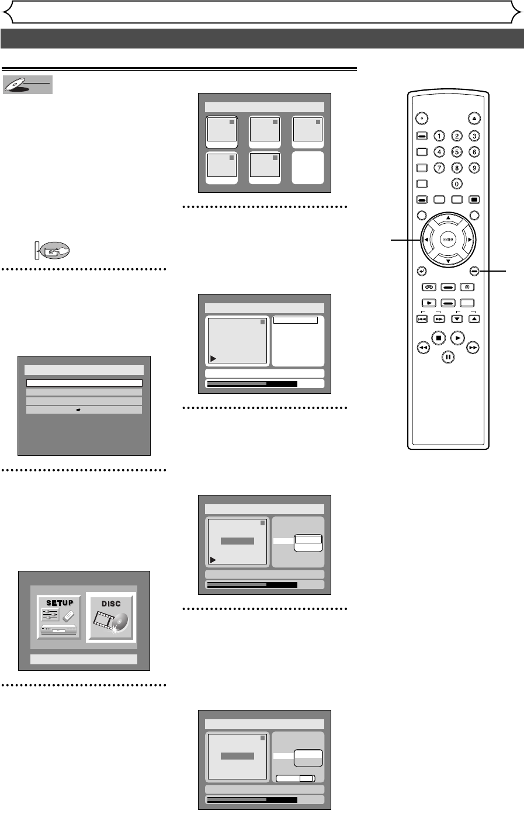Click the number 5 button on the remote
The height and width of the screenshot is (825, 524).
click(457, 152)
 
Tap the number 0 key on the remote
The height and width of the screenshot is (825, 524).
click(457, 183)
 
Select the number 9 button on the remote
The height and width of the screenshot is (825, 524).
click(474, 168)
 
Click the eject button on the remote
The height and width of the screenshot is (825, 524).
click(474, 117)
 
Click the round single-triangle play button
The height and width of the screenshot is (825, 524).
click(458, 337)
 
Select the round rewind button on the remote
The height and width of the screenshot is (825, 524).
click(422, 348)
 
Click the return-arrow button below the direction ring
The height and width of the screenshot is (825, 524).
click(421, 271)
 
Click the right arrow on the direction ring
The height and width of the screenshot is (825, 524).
click(469, 240)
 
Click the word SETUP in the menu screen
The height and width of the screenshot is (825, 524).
click(60, 603)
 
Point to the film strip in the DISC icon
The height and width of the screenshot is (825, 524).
click(104, 622)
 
